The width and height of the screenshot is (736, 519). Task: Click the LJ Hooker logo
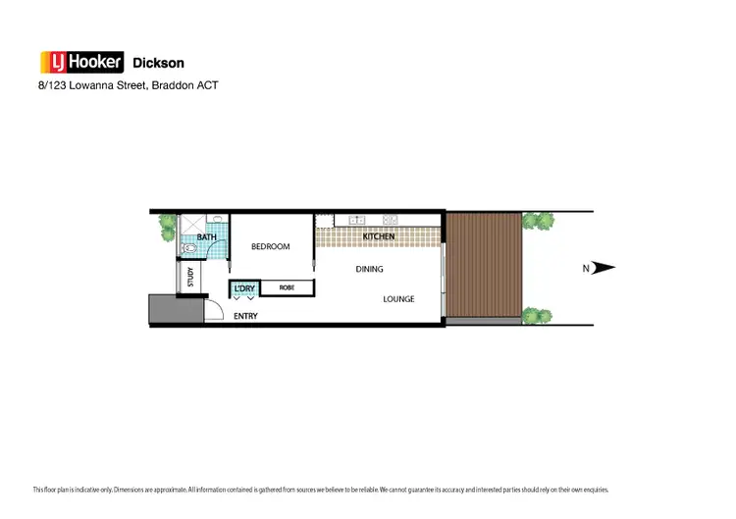point(80,63)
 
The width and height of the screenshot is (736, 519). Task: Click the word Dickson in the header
point(158,64)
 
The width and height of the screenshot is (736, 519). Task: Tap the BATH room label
point(206,237)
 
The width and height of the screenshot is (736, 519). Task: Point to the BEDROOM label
point(271,246)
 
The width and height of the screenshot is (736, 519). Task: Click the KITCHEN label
point(379,237)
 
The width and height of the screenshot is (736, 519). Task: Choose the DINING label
point(369,269)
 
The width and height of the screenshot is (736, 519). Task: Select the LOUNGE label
point(398,299)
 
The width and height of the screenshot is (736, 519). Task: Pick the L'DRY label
point(244,287)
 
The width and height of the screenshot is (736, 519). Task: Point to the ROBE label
point(287,287)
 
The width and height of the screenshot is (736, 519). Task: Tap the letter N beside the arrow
point(586,268)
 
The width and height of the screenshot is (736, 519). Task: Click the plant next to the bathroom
point(168,227)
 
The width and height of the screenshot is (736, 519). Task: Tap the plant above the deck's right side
point(537,221)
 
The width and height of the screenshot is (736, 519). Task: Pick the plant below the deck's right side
point(536,316)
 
